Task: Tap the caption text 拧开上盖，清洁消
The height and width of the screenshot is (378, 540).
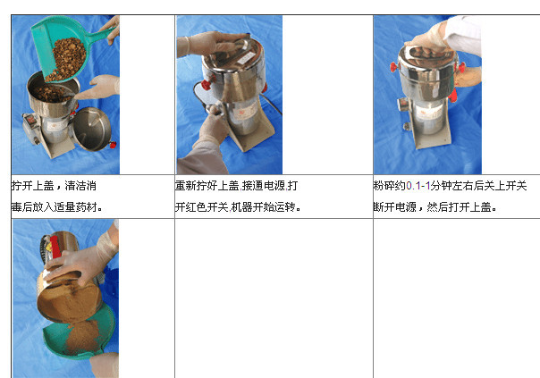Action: tap(55, 187)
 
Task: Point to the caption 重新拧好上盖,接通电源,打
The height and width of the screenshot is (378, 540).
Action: tap(237, 187)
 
